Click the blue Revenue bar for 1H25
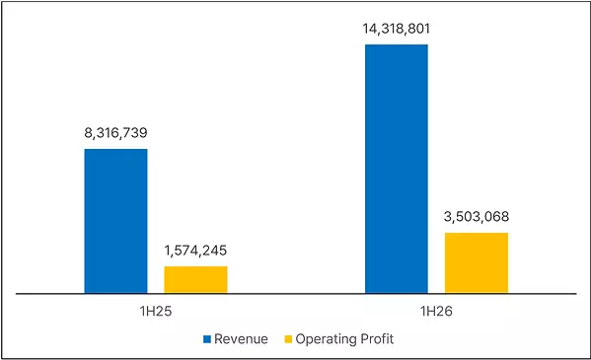pos(115,221)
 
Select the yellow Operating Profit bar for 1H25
pos(195,280)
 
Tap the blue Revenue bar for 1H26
pos(397,169)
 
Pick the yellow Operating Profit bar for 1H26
pos(477,263)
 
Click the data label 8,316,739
pos(115,133)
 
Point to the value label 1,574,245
pos(195,251)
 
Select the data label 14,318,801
pos(396,29)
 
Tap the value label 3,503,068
pos(477,217)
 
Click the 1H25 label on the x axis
pos(156,312)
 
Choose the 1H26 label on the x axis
pos(436,312)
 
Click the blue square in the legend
pos(207,339)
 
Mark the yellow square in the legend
pos(288,339)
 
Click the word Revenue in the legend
pos(241,339)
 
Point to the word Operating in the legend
pos(326,339)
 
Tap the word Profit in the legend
pos(377,339)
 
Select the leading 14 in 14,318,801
pos(370,29)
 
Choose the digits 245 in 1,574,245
pos(215,251)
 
